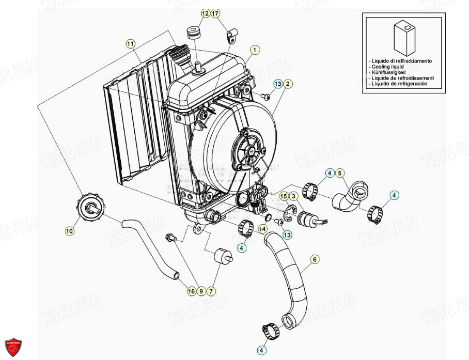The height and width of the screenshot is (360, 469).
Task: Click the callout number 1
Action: [254, 50]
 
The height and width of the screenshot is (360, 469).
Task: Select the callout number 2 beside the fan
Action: [288, 84]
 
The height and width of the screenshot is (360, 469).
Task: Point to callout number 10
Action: [69, 231]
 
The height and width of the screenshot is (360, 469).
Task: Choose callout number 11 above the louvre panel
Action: [130, 43]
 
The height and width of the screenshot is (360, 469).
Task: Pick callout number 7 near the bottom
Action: [211, 292]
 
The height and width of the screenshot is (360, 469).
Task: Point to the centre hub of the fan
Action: [252, 151]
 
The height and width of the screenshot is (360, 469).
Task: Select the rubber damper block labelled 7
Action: [222, 257]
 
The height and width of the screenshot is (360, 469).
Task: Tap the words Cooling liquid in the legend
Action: [387, 67]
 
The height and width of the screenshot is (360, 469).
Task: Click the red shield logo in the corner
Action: [13, 347]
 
